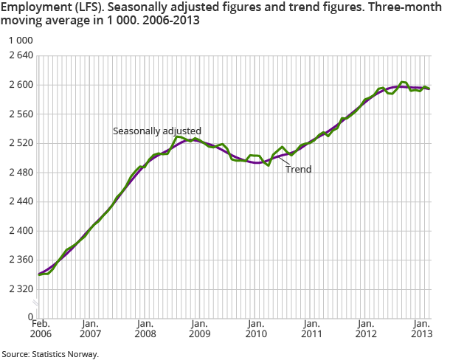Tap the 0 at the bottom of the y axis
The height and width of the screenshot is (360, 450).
[x=30, y=318]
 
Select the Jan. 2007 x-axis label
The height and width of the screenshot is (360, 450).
[x=90, y=328]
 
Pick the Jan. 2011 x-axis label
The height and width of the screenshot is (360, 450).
[x=311, y=328]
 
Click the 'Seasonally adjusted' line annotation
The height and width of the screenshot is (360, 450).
[x=156, y=131]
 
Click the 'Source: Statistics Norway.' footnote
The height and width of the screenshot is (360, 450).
[x=49, y=354]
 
